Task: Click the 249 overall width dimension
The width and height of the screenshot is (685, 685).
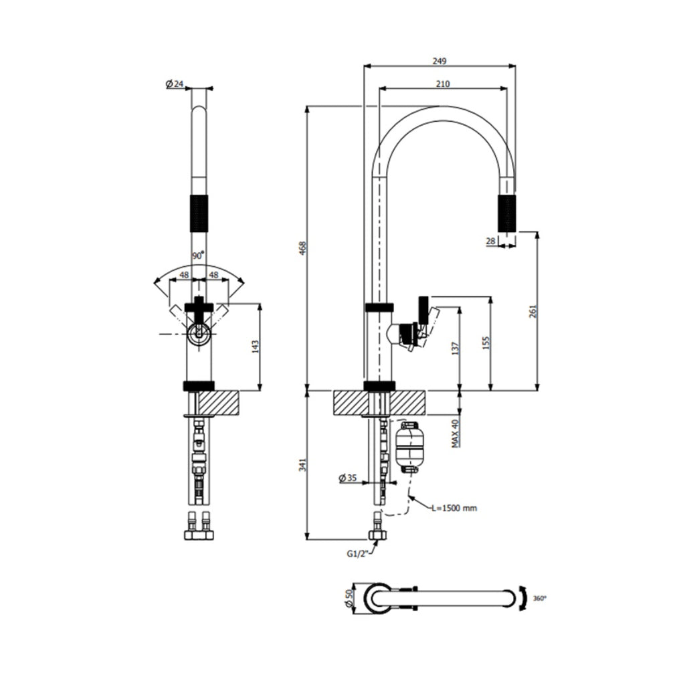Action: click(x=439, y=61)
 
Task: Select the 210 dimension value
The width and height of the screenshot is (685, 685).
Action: click(x=442, y=84)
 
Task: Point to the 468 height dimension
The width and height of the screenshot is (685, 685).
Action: click(x=300, y=249)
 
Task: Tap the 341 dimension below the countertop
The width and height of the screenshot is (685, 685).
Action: click(x=300, y=464)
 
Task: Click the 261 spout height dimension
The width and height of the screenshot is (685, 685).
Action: click(x=532, y=311)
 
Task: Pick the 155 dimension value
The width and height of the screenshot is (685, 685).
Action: click(x=486, y=342)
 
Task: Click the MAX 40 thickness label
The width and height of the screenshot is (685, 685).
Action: click(x=454, y=433)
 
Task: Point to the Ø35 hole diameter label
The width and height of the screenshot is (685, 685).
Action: click(x=349, y=478)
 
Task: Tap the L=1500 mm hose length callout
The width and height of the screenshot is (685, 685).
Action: click(x=454, y=508)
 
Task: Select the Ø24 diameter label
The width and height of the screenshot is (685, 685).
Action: click(x=174, y=84)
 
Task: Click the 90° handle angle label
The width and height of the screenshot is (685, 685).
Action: click(x=198, y=256)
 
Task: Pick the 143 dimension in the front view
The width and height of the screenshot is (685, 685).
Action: click(x=255, y=346)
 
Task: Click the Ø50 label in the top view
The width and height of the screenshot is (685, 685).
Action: click(x=349, y=597)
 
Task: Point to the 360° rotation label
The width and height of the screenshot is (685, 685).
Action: click(x=539, y=597)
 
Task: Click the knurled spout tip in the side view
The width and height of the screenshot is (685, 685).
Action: click(x=507, y=213)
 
